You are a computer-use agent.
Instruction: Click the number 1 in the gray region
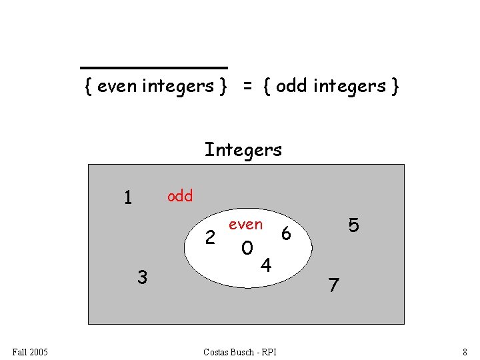(x=128, y=198)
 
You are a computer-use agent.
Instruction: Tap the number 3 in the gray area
(x=142, y=276)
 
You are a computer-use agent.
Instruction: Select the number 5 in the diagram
(x=354, y=226)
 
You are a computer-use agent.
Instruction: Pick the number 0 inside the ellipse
(x=247, y=249)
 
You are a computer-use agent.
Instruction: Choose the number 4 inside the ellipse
(x=265, y=266)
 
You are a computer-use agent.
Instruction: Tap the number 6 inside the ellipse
(x=286, y=233)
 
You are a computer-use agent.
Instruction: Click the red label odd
(x=180, y=196)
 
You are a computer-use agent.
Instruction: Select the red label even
(x=245, y=225)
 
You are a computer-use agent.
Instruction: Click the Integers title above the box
(x=243, y=150)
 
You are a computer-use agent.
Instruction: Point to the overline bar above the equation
(x=154, y=68)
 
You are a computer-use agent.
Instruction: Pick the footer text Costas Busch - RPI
(x=240, y=351)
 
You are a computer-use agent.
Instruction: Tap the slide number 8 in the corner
(x=465, y=351)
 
